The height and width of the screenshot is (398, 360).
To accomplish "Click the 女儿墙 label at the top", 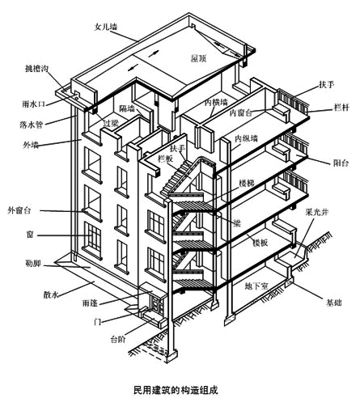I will [106, 27].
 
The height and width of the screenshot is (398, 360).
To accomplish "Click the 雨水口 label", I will [30, 104].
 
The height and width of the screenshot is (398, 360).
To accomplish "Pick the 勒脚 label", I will [32, 263].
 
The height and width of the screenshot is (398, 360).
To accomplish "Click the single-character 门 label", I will [30, 235].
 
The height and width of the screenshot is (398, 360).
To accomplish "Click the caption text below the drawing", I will [179, 383].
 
